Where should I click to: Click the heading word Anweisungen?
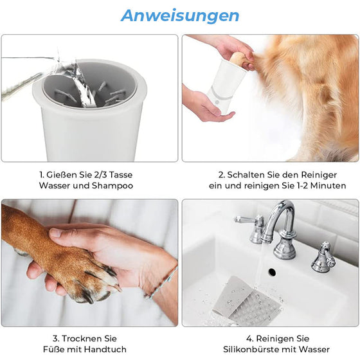(179, 15)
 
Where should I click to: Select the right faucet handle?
(322, 257)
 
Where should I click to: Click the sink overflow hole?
(272, 272)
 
